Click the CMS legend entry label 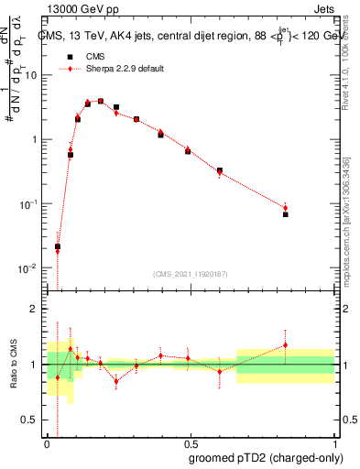click(x=94, y=56)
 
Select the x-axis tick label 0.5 click(x=191, y=442)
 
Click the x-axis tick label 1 click(x=334, y=442)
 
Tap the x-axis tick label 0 click(x=48, y=442)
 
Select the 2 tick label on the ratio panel click(x=36, y=309)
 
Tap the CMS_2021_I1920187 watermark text click(x=191, y=273)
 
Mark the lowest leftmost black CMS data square click(x=58, y=246)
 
